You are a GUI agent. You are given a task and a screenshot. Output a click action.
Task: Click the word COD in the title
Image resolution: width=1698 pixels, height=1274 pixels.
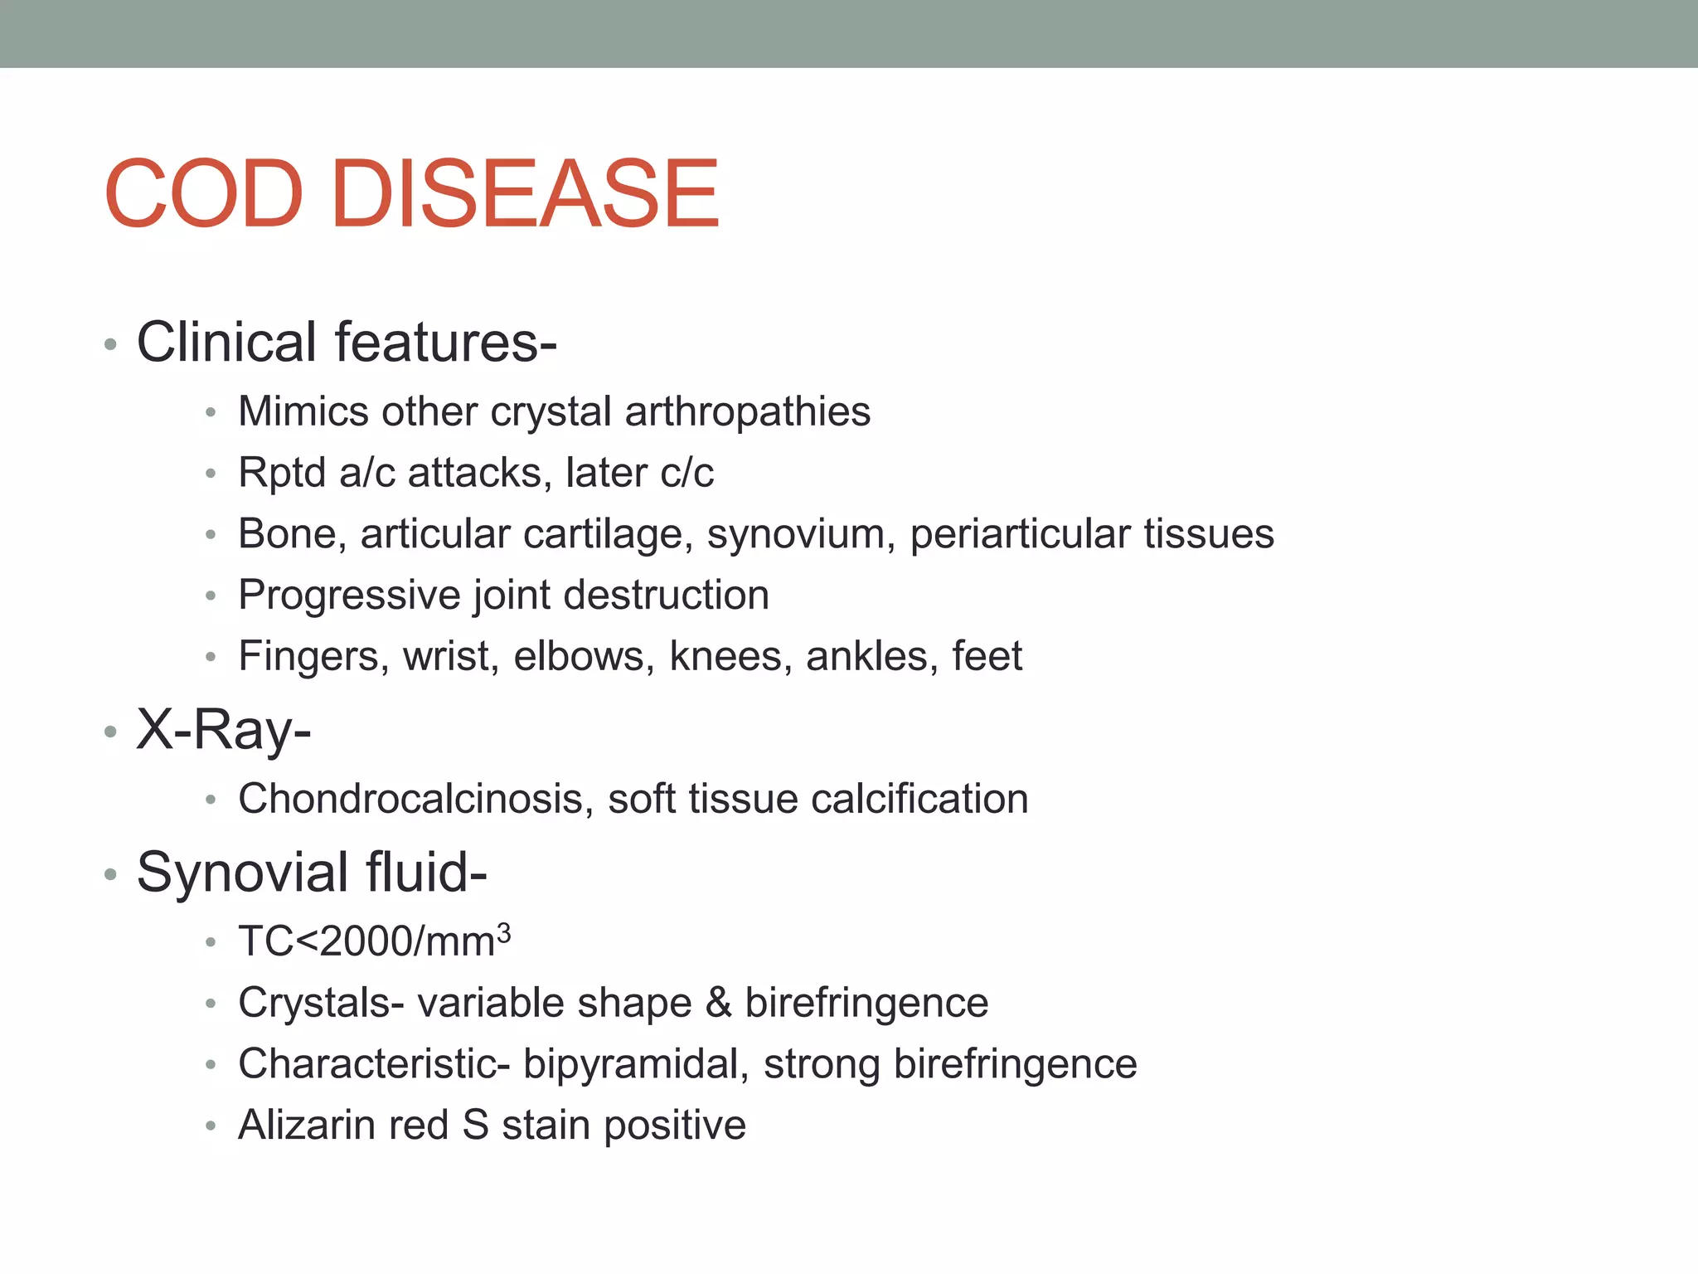tap(204, 194)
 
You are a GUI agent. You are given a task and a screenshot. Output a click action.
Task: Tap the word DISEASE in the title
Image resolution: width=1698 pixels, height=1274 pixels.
tap(525, 194)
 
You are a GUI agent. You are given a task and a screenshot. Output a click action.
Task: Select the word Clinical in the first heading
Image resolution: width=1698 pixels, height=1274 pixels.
tap(226, 342)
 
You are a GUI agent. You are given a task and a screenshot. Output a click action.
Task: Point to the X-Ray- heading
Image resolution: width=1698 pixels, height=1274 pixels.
tap(224, 730)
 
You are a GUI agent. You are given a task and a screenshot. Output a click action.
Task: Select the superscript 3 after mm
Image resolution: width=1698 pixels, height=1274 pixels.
tap(503, 932)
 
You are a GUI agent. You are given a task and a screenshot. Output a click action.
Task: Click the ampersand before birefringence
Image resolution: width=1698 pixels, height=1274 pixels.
tap(718, 1003)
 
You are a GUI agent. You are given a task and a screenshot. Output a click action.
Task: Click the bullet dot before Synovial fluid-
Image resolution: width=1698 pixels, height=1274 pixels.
tap(110, 874)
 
